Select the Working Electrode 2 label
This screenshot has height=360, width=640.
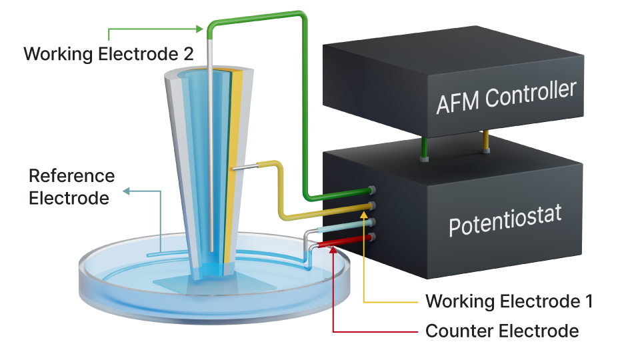coord(109,54)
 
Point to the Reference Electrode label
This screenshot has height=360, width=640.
coord(71,187)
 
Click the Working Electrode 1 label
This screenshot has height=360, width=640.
coord(509,301)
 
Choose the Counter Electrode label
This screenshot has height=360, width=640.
coord(501,331)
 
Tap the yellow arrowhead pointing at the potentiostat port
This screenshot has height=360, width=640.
coord(363,214)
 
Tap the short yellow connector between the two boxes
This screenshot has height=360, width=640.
coord(485,141)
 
